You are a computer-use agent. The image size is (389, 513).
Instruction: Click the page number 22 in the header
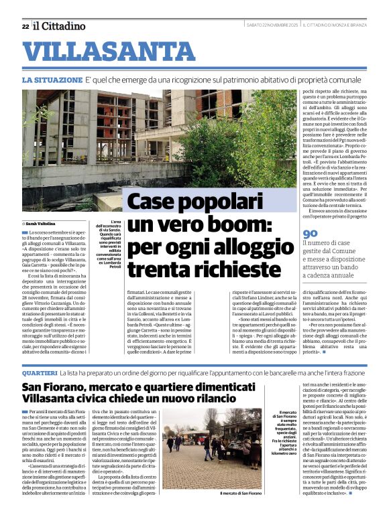point(25,26)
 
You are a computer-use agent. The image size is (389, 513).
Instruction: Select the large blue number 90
point(311,234)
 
